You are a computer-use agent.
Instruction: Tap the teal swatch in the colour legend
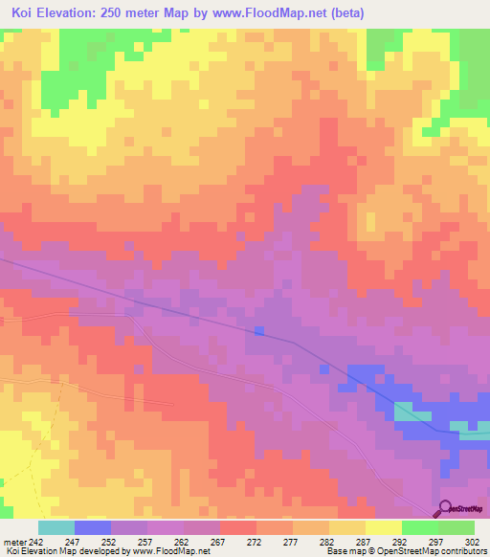coord(56,527)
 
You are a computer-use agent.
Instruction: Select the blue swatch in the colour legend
coord(93,527)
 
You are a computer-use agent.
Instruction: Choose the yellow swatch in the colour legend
coord(384,527)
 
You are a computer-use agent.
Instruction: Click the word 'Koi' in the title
coord(25,12)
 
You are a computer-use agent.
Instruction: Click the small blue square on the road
coord(258,331)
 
